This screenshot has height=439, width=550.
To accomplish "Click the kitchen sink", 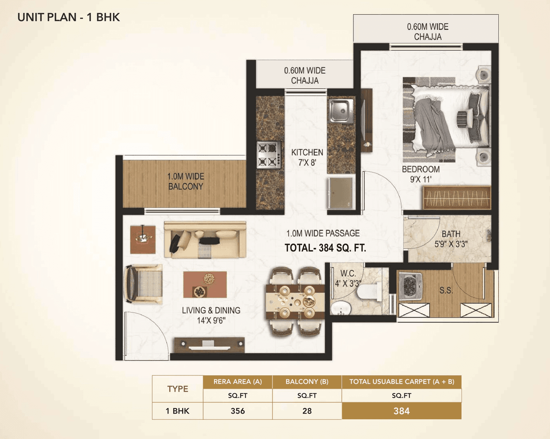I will click(341, 110).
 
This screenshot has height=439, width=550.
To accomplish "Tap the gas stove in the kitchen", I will click(269, 155).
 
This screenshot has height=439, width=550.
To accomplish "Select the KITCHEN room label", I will click(307, 158).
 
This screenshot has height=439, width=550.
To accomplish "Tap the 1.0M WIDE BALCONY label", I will click(186, 182).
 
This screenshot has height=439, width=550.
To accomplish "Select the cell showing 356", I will click(238, 411).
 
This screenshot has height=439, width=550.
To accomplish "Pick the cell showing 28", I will click(307, 411).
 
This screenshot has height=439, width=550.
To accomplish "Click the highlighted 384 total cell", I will click(401, 411).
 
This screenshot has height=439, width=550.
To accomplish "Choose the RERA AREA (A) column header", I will click(238, 382).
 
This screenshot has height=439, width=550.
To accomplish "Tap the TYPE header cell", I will click(177, 389).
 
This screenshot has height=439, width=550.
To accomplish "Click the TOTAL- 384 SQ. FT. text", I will click(325, 248).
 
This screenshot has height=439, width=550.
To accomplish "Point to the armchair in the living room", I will click(144, 284).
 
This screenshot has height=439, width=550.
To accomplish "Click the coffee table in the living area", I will click(205, 284).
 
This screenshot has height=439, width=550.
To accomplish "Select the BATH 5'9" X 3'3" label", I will click(451, 239).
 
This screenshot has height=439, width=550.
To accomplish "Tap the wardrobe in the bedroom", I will click(457, 198).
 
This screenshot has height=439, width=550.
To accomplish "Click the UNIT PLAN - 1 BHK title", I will click(69, 17).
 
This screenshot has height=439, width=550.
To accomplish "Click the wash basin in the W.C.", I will click(341, 308).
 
